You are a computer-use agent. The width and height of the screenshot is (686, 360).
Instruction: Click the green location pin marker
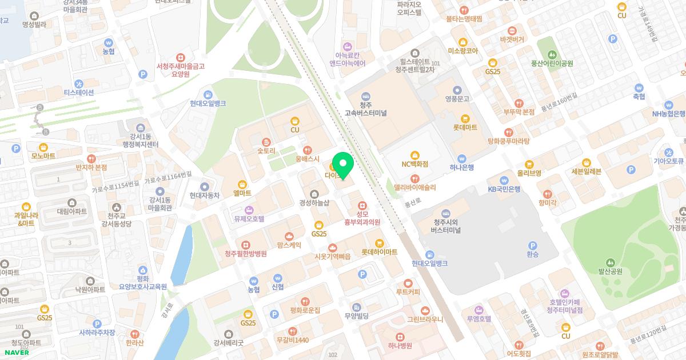[x=343, y=165]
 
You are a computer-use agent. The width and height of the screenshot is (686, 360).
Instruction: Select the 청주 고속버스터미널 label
[x=366, y=109]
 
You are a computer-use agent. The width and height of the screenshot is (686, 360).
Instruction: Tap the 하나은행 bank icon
[x=462, y=158]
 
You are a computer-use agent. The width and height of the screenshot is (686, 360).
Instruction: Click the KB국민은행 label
[x=504, y=189]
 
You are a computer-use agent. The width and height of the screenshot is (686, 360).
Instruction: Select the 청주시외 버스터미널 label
[x=447, y=226]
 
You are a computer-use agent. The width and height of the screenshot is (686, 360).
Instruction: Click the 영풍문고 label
[x=457, y=99]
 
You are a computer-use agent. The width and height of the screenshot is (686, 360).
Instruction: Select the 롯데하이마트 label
[x=379, y=252]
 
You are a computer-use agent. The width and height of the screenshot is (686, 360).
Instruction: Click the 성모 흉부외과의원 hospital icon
[x=361, y=205]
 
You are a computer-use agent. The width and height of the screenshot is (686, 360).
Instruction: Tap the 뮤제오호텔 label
[x=249, y=218]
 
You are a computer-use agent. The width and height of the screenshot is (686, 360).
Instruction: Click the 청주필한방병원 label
[x=246, y=254]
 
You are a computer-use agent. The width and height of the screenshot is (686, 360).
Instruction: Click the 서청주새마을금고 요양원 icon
[x=181, y=58]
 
